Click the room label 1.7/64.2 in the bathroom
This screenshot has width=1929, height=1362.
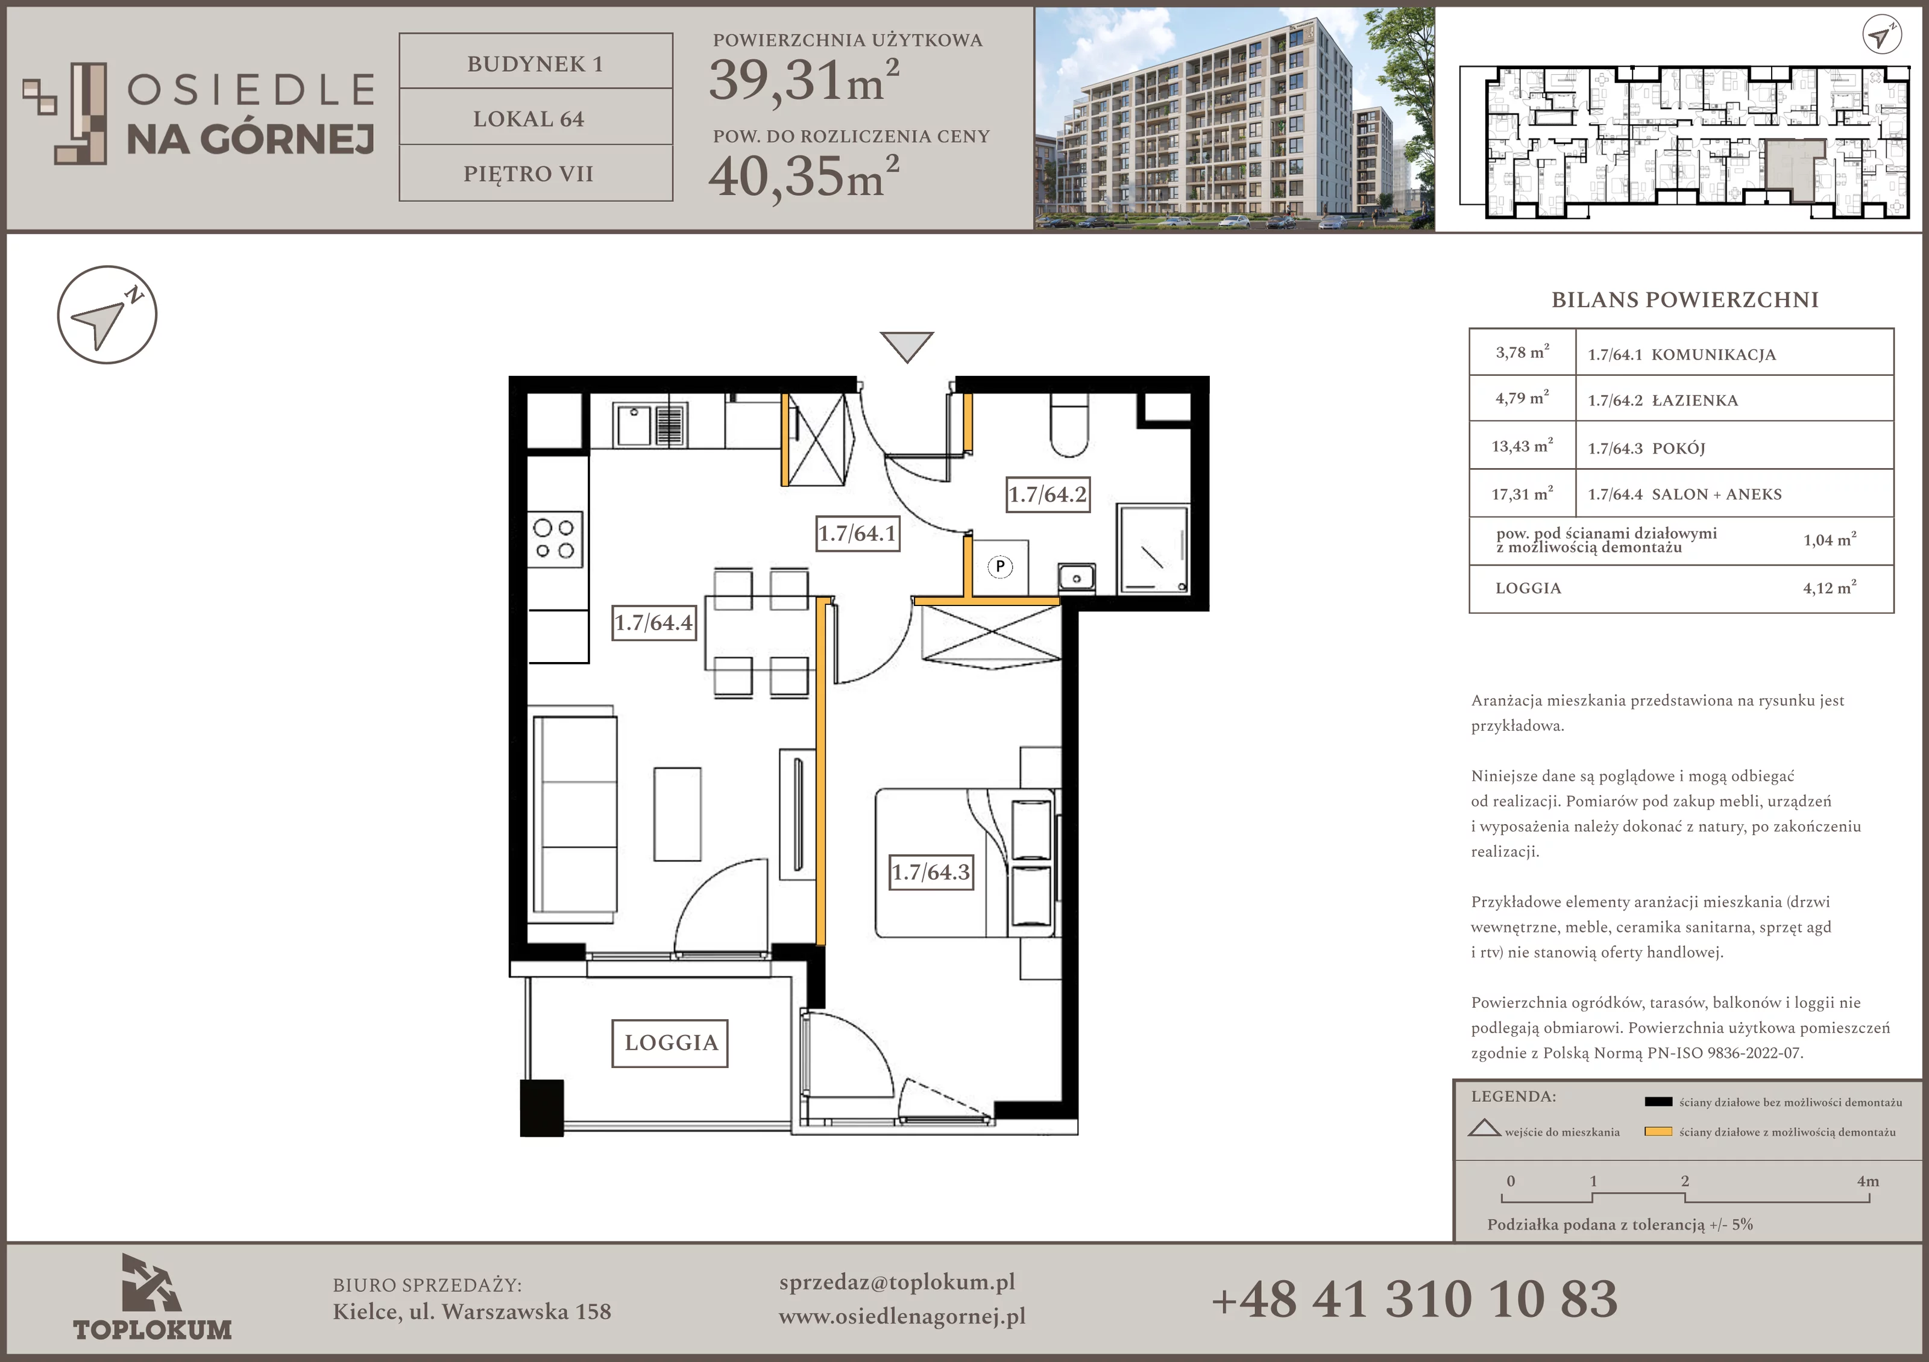coord(1048,494)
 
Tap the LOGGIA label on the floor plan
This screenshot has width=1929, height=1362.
coord(670,1043)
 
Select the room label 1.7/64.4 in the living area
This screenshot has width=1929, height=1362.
coord(653,622)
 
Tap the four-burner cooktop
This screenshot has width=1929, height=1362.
coord(555,539)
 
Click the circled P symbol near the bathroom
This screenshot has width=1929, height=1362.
coord(1000,567)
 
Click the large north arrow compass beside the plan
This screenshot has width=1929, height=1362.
coord(107,315)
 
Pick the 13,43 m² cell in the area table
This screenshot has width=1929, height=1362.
coord(1521,446)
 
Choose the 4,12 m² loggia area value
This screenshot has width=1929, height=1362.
coord(1829,588)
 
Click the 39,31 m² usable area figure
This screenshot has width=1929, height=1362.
coord(804,80)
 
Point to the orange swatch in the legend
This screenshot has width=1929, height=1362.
coord(1658,1131)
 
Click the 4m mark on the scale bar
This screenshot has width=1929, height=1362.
coord(1868,1181)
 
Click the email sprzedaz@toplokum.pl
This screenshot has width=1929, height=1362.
coord(896,1282)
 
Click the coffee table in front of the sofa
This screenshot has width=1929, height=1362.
coord(677,814)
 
